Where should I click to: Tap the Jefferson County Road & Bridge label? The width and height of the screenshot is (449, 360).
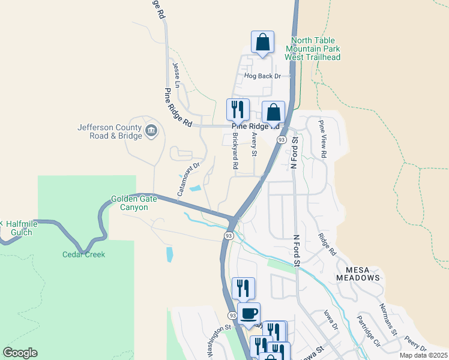[x=110, y=131]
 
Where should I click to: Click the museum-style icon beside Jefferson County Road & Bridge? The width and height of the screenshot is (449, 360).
[x=151, y=130]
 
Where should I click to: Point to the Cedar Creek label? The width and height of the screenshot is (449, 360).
[x=83, y=254]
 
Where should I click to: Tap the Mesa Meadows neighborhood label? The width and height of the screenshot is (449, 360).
[x=358, y=274]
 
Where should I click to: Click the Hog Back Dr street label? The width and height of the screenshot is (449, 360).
[x=262, y=76]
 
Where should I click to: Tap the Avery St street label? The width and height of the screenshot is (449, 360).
[x=254, y=145]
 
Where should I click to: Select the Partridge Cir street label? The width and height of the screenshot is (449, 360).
[x=368, y=331]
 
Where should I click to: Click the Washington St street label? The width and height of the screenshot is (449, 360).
[x=219, y=341]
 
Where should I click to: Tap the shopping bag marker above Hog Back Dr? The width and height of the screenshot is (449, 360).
[x=262, y=43]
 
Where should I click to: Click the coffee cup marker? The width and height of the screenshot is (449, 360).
[x=249, y=313]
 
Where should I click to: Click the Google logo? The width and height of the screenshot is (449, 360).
[x=20, y=353]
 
